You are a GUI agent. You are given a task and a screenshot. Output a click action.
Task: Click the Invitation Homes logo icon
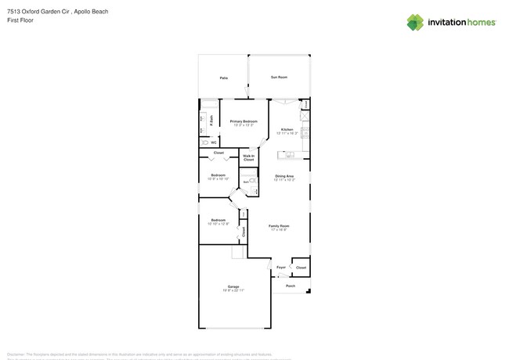tap(415, 22)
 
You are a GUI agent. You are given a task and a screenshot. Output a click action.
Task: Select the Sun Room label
tap(279, 77)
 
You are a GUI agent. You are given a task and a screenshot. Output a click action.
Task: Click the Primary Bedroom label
tap(244, 121)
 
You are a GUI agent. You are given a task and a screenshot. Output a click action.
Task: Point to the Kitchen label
tap(287, 129)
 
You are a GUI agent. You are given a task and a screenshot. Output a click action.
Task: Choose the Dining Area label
tap(284, 176)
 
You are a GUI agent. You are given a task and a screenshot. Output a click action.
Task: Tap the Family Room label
tap(279, 225)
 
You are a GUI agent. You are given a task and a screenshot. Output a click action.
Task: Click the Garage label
tap(233, 286)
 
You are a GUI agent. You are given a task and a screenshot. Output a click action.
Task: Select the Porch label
tap(291, 286)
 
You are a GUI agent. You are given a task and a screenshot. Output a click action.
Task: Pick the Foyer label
tap(281, 268)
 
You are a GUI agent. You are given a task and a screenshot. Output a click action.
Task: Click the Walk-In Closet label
tap(248, 157)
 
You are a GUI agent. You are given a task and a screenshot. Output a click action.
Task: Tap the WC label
tap(213, 142)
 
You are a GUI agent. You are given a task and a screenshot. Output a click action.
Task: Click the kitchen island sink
tap(289, 153)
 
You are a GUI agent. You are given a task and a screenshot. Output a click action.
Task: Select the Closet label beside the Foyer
tap(301, 268)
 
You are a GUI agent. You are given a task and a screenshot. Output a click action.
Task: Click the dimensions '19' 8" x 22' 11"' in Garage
tap(233, 290)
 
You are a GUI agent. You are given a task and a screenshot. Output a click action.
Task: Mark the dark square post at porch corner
tap(309, 292)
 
